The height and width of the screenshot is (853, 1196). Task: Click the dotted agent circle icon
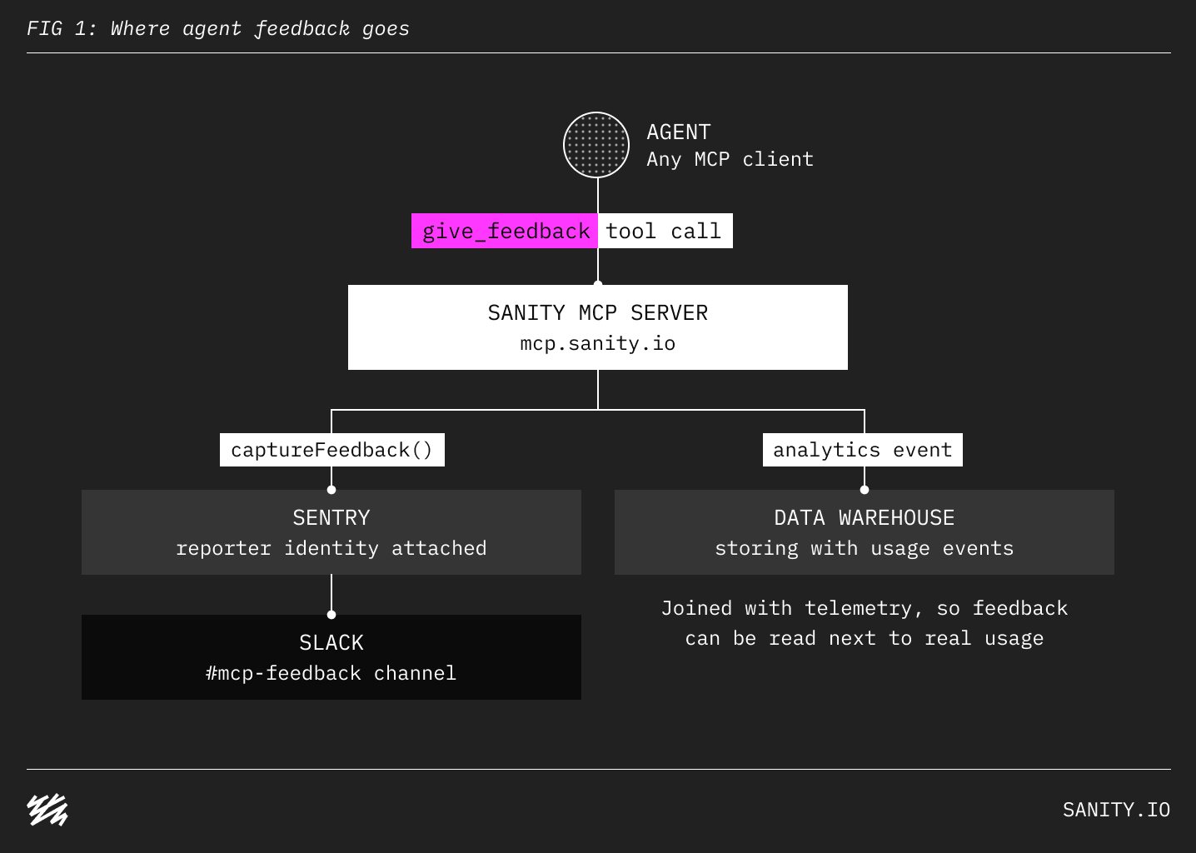pyautogui.click(x=596, y=145)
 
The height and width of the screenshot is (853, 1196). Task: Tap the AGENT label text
pyautogui.click(x=679, y=132)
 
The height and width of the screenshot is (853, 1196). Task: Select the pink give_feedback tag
pyautogui.click(x=505, y=231)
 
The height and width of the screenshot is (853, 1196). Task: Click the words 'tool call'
pyautogui.click(x=664, y=232)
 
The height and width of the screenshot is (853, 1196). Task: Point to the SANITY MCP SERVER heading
pyautogui.click(x=598, y=313)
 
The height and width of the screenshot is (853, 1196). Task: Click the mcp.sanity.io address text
pyautogui.click(x=598, y=343)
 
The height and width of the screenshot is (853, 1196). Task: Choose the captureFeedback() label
pyautogui.click(x=331, y=450)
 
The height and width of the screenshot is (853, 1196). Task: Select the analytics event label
pyautogui.click(x=863, y=450)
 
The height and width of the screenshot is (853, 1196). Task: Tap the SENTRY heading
pyautogui.click(x=331, y=518)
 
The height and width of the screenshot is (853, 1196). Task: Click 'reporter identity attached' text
pyautogui.click(x=331, y=549)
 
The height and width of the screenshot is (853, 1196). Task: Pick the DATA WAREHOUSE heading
pyautogui.click(x=865, y=518)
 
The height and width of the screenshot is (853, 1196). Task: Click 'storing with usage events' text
pyautogui.click(x=865, y=549)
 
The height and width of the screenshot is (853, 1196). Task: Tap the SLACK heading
pyautogui.click(x=331, y=643)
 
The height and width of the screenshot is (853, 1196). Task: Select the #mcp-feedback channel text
pyautogui.click(x=331, y=674)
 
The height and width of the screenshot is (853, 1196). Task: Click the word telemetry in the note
pyautogui.click(x=864, y=609)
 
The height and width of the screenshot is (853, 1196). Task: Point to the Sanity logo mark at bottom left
pyautogui.click(x=47, y=810)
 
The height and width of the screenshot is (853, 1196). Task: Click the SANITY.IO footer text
pyautogui.click(x=1116, y=810)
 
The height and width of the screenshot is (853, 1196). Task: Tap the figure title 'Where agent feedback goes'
pyautogui.click(x=260, y=28)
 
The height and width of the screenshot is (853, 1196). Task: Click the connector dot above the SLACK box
pyautogui.click(x=331, y=615)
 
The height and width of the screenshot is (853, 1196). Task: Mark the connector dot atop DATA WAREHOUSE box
pyautogui.click(x=865, y=490)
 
